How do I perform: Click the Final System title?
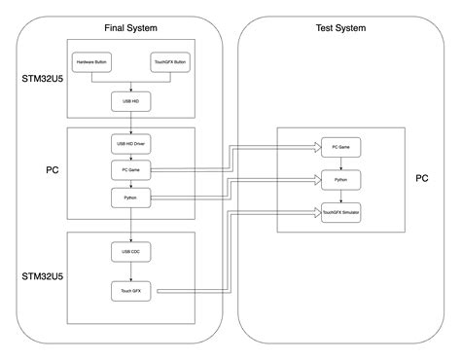(131, 27)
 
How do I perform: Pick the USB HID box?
(131, 99)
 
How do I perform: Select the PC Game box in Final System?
(131, 170)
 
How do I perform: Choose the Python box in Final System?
(131, 197)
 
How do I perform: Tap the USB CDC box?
(131, 252)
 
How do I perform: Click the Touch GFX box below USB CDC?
(131, 291)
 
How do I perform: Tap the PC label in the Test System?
(421, 179)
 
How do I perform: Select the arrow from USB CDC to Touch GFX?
(131, 271)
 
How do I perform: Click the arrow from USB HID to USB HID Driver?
(131, 119)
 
